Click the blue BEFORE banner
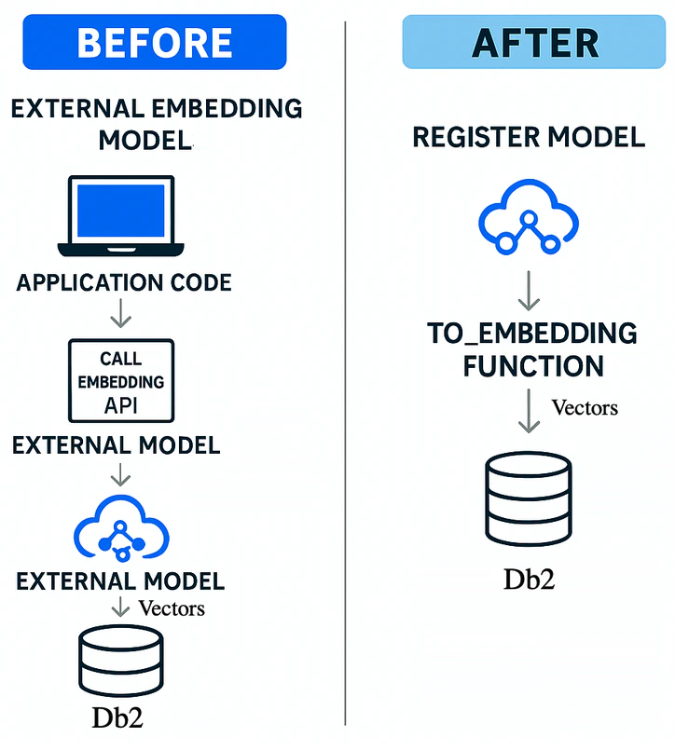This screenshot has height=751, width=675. tap(155, 42)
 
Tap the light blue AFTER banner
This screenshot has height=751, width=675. tap(533, 42)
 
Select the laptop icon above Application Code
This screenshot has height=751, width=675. tap(121, 216)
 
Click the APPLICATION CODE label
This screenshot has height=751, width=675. tap(124, 282)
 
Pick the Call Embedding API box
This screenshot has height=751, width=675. tap(121, 381)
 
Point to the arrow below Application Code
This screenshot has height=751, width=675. tap(121, 313)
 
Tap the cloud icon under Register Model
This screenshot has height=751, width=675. tap(529, 217)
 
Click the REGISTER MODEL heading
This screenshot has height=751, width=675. tap(529, 138)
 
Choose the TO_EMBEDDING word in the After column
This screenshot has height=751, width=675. tap(532, 334)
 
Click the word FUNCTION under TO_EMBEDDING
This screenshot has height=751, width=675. tap(533, 366)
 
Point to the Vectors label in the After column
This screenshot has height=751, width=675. tap(585, 407)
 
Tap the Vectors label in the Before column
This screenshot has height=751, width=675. tap(172, 608)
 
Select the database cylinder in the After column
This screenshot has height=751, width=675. tap(529, 499)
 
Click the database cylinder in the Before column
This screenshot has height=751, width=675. tap(121, 661)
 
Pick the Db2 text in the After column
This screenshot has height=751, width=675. tap(529, 579)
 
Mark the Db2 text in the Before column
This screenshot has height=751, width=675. tap(117, 718)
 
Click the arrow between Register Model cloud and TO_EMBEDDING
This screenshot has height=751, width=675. tap(529, 291)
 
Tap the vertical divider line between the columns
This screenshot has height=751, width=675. tap(345, 374)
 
